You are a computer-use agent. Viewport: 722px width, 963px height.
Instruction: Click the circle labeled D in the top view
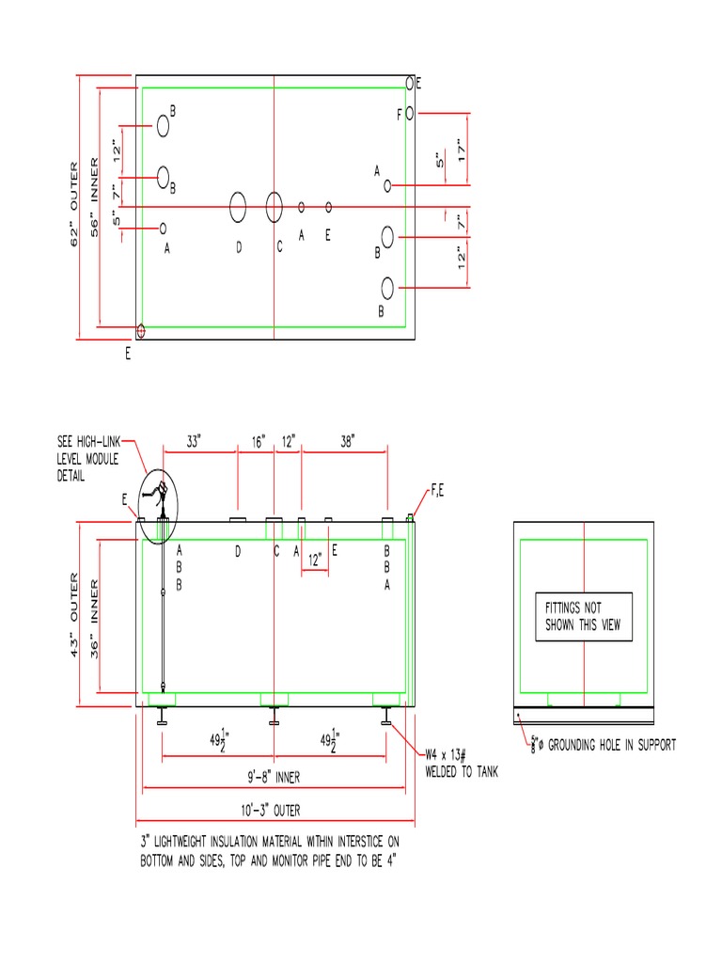click(x=238, y=206)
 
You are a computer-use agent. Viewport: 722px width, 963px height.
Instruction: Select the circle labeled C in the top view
click(x=274, y=206)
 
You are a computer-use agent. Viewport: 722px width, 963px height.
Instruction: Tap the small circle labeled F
click(x=410, y=113)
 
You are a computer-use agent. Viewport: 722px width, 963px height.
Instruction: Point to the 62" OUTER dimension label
click(x=76, y=203)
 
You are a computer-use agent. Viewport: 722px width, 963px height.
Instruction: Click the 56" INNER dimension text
click(x=94, y=204)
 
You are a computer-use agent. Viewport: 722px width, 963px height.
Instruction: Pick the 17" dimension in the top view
click(x=462, y=150)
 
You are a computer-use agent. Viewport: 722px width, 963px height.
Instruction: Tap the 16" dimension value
click(x=258, y=441)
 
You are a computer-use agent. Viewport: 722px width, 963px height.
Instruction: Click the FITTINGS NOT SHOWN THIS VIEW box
click(x=584, y=617)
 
